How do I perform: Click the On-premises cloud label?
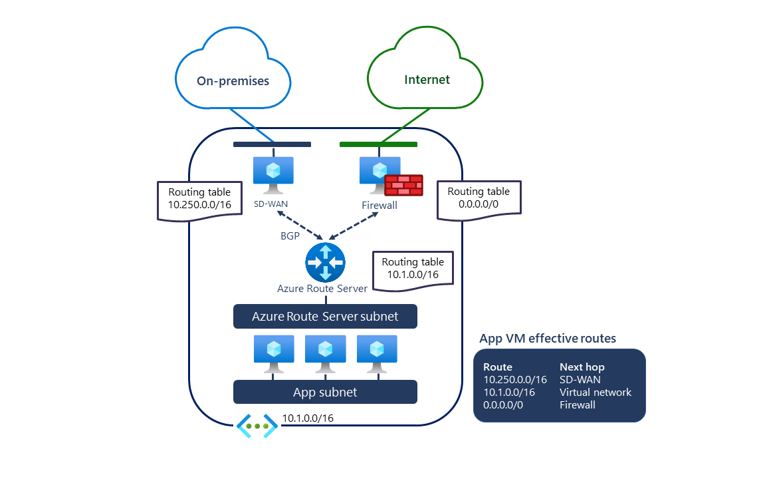click(x=233, y=81)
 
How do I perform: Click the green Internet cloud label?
click(x=427, y=80)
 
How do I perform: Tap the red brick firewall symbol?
click(x=403, y=185)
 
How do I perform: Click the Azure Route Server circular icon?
click(x=325, y=262)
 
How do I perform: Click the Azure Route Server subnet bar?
click(x=325, y=317)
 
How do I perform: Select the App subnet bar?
click(x=325, y=392)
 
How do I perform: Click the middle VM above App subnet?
click(x=325, y=352)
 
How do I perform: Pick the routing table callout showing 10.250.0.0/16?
click(x=199, y=199)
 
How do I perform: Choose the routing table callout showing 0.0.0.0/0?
click(x=479, y=198)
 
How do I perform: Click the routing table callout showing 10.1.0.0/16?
click(x=413, y=269)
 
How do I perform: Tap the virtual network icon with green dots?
click(x=257, y=426)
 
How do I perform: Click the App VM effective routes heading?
click(x=548, y=339)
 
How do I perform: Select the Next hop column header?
click(x=582, y=367)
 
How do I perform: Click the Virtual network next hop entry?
click(x=595, y=392)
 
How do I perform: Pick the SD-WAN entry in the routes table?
click(x=580, y=379)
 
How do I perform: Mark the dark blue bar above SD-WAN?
click(x=272, y=144)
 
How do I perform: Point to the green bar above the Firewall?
click(x=378, y=144)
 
